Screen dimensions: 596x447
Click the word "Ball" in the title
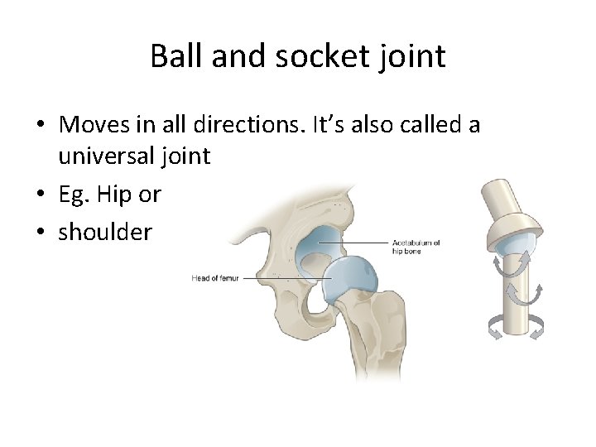tap(177, 57)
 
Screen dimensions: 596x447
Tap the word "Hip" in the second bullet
tap(113, 195)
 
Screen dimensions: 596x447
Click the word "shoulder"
tap(105, 232)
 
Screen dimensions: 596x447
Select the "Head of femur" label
tap(214, 278)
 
